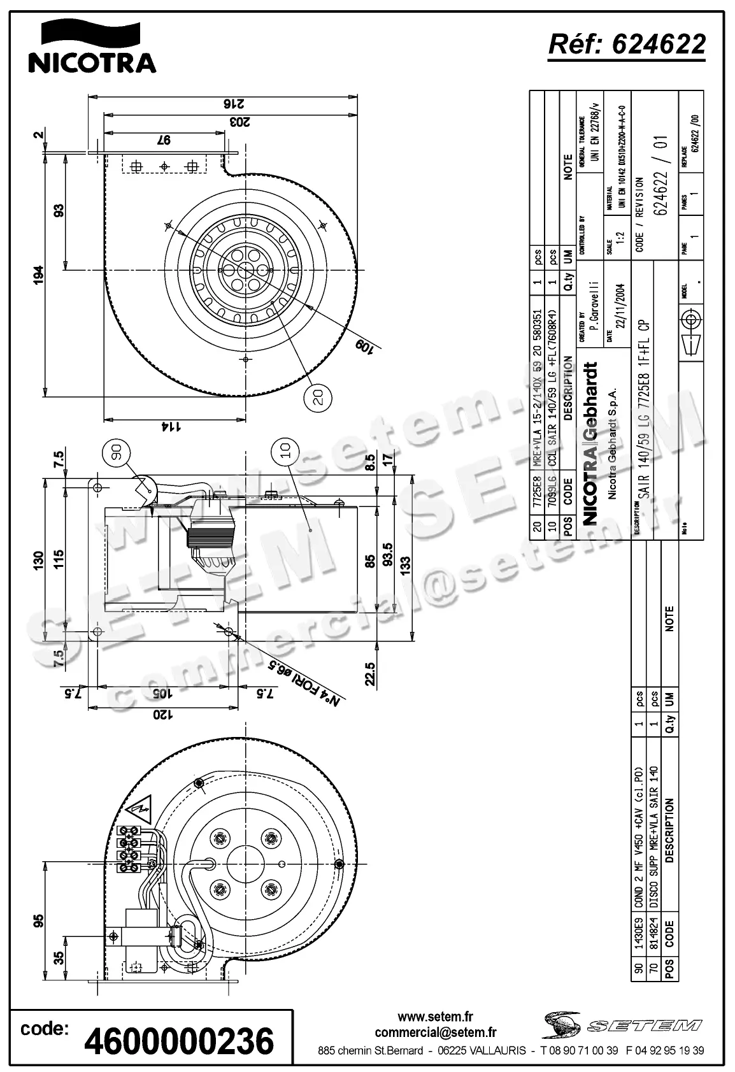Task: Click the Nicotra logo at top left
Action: pos(92,47)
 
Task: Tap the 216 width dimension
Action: pos(226,104)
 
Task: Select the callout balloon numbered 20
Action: pos(319,397)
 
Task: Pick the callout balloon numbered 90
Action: pos(116,452)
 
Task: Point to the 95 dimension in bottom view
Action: pos(39,921)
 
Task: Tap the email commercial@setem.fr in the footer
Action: pos(435,1032)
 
